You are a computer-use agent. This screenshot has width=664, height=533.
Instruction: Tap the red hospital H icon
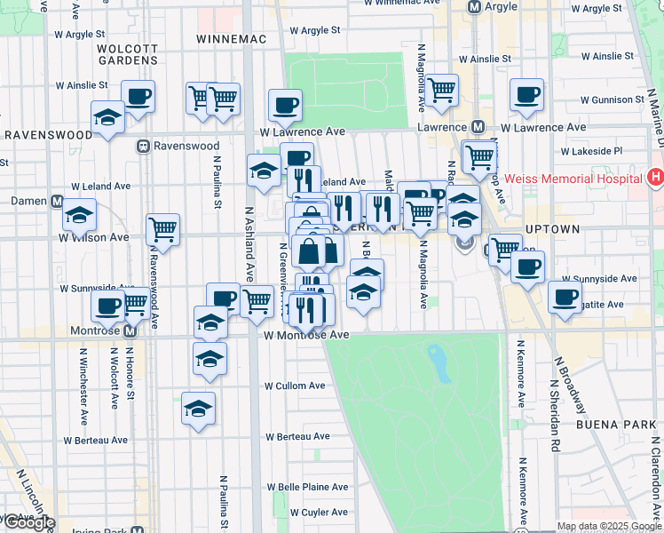(656, 177)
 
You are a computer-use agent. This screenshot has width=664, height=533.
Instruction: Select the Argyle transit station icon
(474, 6)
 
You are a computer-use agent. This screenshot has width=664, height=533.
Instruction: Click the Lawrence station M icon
(478, 127)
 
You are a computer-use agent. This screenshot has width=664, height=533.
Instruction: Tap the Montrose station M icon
(129, 332)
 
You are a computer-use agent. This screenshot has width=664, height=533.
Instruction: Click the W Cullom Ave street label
(294, 386)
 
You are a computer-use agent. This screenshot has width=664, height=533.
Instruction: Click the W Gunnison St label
(613, 99)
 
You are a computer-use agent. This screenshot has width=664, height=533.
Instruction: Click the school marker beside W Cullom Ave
(199, 410)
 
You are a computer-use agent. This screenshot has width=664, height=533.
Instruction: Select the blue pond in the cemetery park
(438, 362)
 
